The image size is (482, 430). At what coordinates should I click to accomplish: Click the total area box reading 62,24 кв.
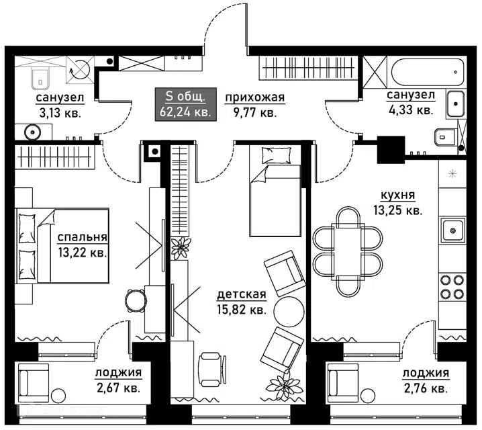(x=186, y=104)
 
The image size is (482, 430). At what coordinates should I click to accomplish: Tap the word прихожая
(x=255, y=97)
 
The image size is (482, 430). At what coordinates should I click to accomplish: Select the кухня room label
(x=398, y=195)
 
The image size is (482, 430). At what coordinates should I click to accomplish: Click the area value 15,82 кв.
(x=241, y=310)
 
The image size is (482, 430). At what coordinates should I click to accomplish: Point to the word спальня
(x=83, y=237)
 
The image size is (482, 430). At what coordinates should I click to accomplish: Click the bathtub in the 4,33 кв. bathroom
(x=428, y=73)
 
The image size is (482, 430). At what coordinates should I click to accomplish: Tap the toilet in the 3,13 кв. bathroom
(x=40, y=77)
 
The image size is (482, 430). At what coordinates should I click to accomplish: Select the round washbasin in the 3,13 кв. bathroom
(x=33, y=132)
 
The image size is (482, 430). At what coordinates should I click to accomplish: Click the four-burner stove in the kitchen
(x=452, y=287)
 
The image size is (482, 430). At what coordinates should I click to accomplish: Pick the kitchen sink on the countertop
(x=452, y=230)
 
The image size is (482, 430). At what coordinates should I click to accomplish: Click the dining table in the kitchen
(x=348, y=251)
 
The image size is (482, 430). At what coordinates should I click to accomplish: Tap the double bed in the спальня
(x=62, y=246)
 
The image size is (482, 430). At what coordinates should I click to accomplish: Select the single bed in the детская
(x=275, y=191)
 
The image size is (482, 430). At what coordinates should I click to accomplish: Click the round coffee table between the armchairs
(x=289, y=311)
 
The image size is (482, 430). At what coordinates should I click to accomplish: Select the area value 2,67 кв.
(x=119, y=388)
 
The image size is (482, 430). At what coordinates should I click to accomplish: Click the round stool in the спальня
(x=135, y=301)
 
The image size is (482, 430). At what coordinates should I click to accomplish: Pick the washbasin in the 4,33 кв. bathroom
(x=455, y=103)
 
